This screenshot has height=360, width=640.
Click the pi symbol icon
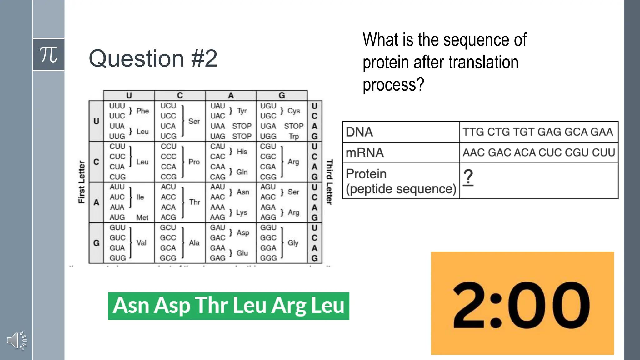click(49, 55)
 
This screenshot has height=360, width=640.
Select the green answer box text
click(228, 306)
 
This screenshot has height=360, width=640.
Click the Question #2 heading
click(153, 58)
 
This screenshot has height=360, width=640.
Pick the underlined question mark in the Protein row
click(468, 177)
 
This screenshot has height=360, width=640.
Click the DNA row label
click(359, 132)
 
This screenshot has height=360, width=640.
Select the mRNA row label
click(364, 153)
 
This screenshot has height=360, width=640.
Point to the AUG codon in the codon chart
click(117, 217)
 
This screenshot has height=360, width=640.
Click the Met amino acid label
click(142, 217)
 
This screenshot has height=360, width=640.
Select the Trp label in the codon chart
click(294, 137)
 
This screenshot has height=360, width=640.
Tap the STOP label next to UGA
click(294, 126)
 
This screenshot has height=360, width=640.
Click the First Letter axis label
click(82, 182)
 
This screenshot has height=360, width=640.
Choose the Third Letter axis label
click(329, 182)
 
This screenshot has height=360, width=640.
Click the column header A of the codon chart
click(231, 95)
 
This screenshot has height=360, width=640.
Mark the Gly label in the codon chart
click(293, 243)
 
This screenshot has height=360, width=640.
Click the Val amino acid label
click(141, 243)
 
